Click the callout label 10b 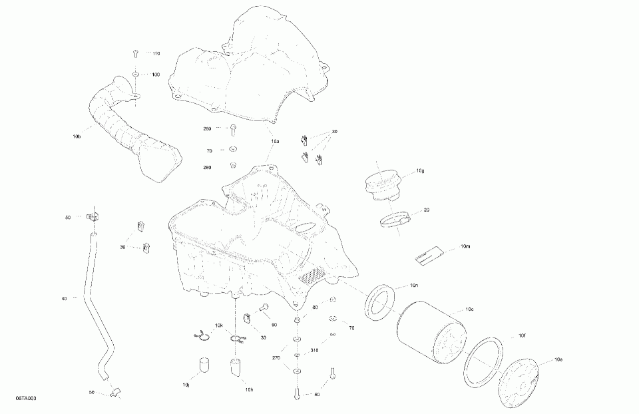77,137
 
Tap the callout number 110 156,53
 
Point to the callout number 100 156,75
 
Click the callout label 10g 420,171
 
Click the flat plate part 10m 429,253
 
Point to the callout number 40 64,299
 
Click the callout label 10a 275,142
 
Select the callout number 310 314,350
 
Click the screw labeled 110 135,52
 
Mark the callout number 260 208,128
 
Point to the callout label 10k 219,325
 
